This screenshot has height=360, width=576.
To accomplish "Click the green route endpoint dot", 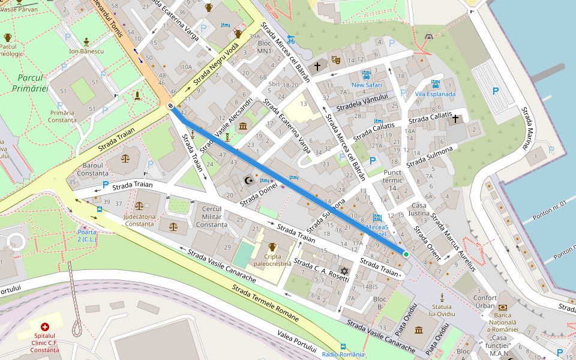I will [406, 254].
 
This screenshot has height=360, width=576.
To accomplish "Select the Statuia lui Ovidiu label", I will [442, 310].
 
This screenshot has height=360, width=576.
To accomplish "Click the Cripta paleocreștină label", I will [272, 260].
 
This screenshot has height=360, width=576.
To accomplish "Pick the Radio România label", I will [343, 355].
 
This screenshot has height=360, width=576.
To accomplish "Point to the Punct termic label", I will [392, 180].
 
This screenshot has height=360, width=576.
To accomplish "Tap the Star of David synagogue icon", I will [344, 271].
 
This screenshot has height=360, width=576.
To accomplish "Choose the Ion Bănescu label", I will [86, 51].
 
